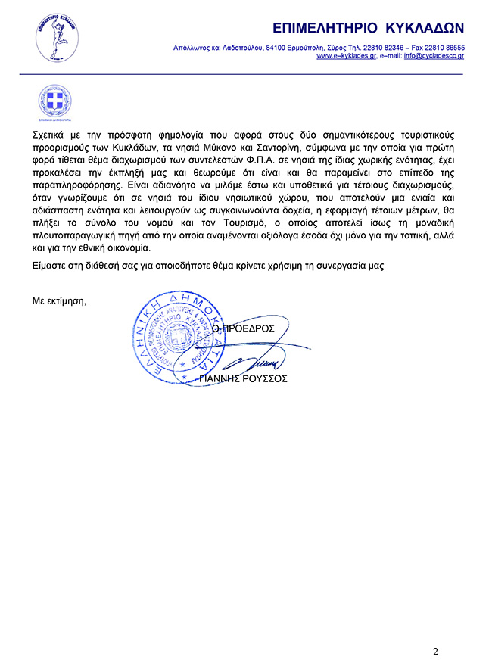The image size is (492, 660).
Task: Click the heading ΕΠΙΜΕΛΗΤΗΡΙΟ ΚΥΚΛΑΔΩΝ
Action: (368, 28)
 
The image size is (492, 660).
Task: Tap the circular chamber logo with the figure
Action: (57, 38)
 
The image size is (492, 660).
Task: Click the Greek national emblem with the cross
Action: (54, 101)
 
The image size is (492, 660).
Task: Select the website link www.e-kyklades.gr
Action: (346, 56)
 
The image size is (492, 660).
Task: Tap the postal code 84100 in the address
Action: (276, 47)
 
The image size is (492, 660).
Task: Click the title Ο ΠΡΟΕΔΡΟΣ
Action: (243, 329)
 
